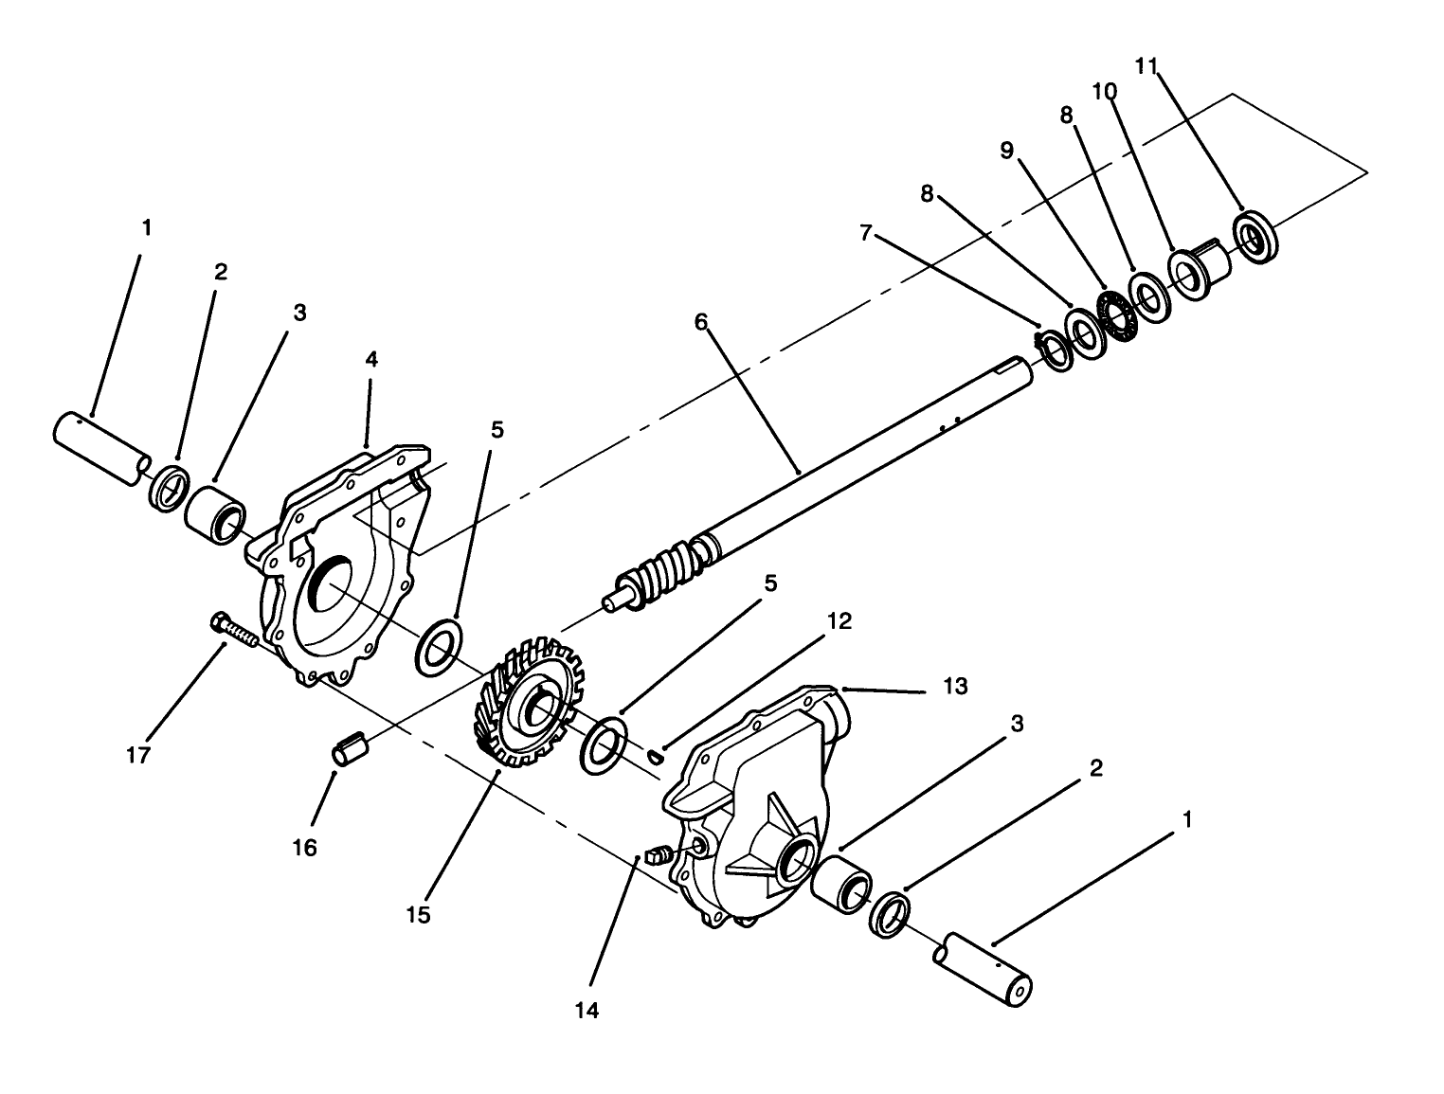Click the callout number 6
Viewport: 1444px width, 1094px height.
[x=700, y=322]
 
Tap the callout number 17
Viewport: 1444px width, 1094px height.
[x=138, y=756]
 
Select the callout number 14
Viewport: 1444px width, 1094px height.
[x=587, y=1011]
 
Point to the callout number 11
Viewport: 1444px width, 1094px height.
[x=1146, y=65]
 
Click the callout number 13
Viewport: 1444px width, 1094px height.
[x=955, y=687]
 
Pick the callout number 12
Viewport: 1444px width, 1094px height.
[x=839, y=621]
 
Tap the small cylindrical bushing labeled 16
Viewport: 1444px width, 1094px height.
[x=348, y=744]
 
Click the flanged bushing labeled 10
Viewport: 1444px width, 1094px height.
[x=1197, y=271]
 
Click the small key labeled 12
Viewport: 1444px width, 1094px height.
[x=655, y=755]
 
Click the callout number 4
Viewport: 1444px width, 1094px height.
[x=371, y=359]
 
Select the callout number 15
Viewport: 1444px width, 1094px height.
[x=418, y=915]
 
